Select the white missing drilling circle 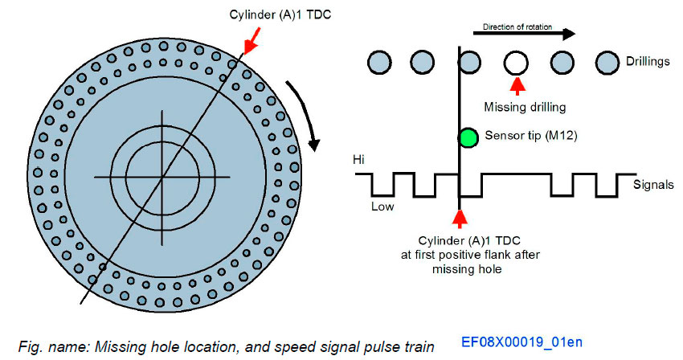(x=517, y=61)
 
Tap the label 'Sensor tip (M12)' (x=526, y=136)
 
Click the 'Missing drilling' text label (x=526, y=105)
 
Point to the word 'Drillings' (x=648, y=62)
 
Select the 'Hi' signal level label (x=360, y=160)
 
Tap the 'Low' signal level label (x=382, y=206)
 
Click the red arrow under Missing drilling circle (x=517, y=84)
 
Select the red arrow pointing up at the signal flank (x=459, y=218)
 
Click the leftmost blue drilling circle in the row (x=376, y=61)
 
